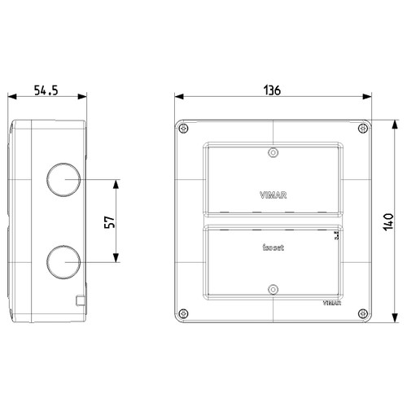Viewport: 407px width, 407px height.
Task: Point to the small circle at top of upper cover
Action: coord(273,151)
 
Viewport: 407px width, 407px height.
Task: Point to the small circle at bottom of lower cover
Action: coord(273,287)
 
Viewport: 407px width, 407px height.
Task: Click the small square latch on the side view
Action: coord(80,300)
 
